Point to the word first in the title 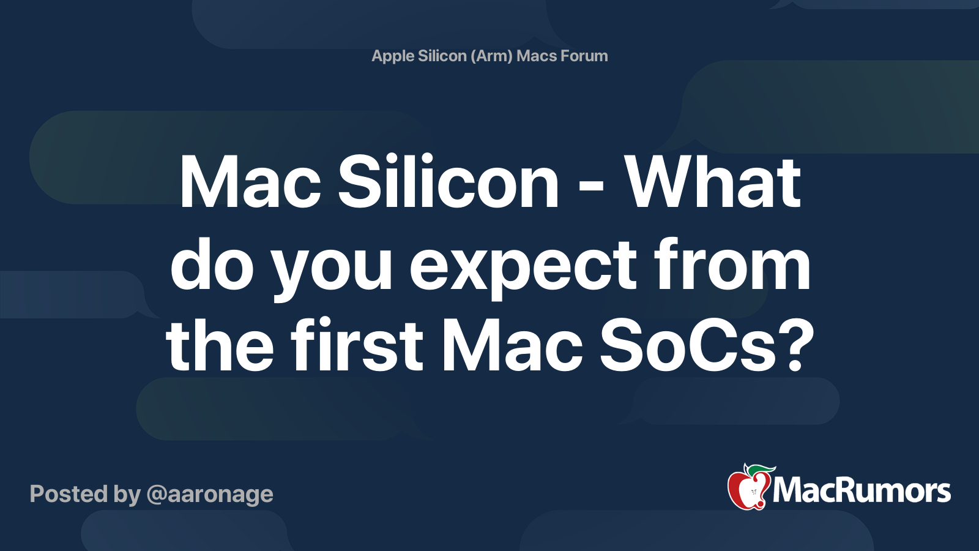point(357,346)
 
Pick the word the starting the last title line point(220,346)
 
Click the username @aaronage point(210,494)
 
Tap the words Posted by point(85,494)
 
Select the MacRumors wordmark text point(862,490)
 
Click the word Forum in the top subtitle point(584,56)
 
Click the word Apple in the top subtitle point(392,56)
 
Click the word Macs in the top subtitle point(537,56)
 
